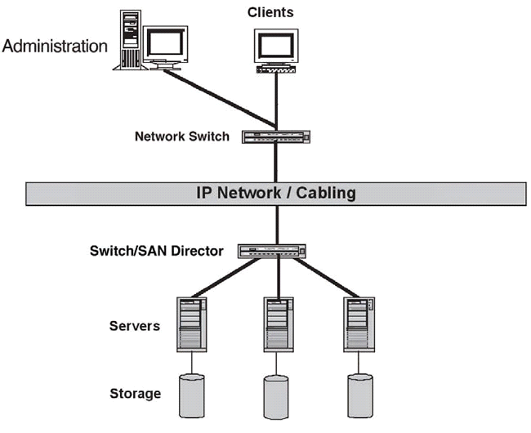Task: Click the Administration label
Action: [55, 46]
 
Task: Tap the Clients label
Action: [270, 12]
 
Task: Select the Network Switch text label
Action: [182, 136]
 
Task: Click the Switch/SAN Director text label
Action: [156, 251]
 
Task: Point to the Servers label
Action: [134, 327]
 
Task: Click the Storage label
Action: [135, 394]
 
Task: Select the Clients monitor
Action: [274, 47]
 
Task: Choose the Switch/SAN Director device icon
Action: [276, 251]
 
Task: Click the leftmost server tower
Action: [191, 324]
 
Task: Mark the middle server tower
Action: [279, 324]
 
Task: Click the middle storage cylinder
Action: [276, 395]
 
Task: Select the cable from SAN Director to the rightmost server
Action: [327, 278]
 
